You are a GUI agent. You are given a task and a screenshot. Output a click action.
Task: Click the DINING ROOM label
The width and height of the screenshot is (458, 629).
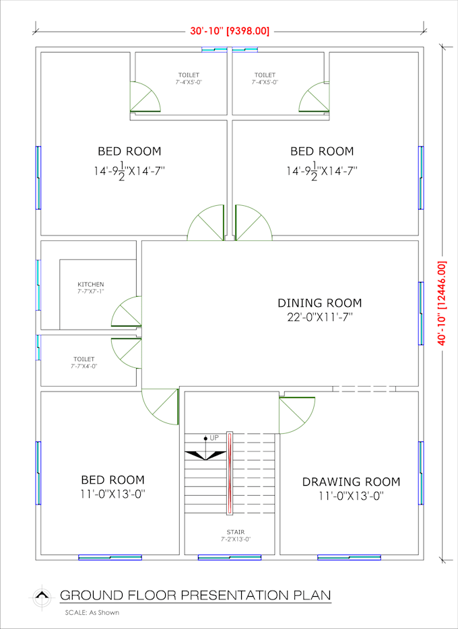319,303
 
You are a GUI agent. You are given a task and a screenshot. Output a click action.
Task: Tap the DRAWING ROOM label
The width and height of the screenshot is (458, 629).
350,482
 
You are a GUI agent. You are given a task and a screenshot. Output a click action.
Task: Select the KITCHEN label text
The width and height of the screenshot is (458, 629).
90,285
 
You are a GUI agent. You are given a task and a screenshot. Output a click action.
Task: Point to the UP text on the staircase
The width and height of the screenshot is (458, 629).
214,438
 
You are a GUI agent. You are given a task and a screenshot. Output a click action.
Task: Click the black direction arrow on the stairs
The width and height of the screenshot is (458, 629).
205,455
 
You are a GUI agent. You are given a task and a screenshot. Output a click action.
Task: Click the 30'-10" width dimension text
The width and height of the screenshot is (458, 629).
230,30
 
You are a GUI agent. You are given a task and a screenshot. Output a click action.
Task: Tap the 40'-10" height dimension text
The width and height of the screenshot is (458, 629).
443,303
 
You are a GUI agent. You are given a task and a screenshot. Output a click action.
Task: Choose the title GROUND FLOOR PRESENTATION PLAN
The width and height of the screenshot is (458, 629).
195,595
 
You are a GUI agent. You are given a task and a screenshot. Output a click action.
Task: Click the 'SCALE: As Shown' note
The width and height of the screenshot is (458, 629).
92,612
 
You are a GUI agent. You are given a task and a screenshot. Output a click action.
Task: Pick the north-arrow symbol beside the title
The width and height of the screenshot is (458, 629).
42,595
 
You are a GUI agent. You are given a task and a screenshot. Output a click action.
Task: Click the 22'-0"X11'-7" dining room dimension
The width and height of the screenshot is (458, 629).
319,316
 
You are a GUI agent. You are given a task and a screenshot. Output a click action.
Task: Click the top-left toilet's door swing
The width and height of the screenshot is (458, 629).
145,98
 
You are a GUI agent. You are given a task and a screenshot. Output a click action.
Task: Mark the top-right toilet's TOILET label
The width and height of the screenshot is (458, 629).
265,75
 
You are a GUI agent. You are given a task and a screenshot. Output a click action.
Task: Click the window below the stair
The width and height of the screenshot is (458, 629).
229,557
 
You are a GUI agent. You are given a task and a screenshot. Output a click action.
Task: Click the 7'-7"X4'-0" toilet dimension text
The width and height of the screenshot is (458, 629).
84,367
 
